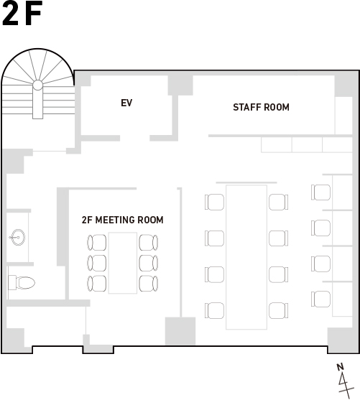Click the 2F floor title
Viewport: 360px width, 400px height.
[22, 14]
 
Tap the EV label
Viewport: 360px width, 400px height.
[126, 103]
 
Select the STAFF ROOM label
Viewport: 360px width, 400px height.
[261, 107]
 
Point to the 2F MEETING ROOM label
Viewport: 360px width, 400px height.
[123, 220]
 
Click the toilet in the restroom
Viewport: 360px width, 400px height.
[22, 282]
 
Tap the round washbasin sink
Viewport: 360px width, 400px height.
[18, 237]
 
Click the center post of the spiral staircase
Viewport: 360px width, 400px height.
[38, 85]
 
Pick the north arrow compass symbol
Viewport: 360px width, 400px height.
[345, 381]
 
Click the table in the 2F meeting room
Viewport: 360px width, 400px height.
[123, 263]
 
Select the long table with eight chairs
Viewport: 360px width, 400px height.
[246, 257]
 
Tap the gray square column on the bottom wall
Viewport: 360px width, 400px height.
[180, 331]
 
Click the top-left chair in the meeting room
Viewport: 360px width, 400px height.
[97, 242]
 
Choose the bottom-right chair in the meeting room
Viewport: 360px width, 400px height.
[148, 283]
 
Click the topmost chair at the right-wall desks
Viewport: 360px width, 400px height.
[320, 192]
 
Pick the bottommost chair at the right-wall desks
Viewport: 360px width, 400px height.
[320, 299]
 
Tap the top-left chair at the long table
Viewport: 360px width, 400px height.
[214, 202]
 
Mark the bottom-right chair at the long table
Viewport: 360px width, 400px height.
[279, 310]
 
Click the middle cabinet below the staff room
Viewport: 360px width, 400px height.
[307, 145]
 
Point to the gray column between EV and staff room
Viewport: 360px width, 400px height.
[180, 85]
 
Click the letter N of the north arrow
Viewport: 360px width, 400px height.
[340, 367]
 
